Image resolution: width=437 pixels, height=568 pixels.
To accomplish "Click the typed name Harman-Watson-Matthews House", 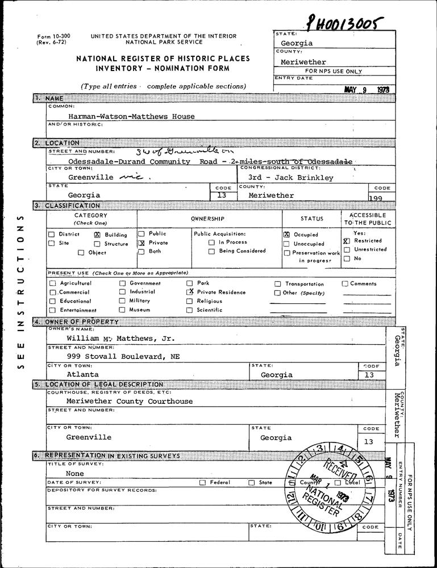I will click(x=131, y=116).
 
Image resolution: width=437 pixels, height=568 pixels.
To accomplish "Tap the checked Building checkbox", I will click(x=97, y=235).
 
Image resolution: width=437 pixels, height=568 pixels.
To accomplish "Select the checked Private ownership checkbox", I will click(x=141, y=243).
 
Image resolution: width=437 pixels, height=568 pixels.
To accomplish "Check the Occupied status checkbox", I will click(x=286, y=234).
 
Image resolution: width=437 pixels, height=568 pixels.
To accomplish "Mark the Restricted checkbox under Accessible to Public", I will click(x=346, y=241).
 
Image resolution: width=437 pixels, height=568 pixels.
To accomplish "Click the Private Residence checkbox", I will click(x=190, y=291).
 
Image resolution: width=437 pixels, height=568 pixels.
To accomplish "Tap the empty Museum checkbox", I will click(x=122, y=310).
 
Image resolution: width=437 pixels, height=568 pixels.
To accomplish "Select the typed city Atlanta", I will click(x=82, y=375).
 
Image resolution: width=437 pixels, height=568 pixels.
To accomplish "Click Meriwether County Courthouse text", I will click(x=129, y=401).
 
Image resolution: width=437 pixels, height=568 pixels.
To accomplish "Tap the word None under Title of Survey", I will click(x=75, y=473).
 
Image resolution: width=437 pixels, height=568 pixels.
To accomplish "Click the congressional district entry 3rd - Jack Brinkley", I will click(x=291, y=178).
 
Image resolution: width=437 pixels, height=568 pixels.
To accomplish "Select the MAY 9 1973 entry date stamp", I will click(x=370, y=90).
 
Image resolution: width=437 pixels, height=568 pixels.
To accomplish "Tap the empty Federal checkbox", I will click(x=202, y=482).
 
